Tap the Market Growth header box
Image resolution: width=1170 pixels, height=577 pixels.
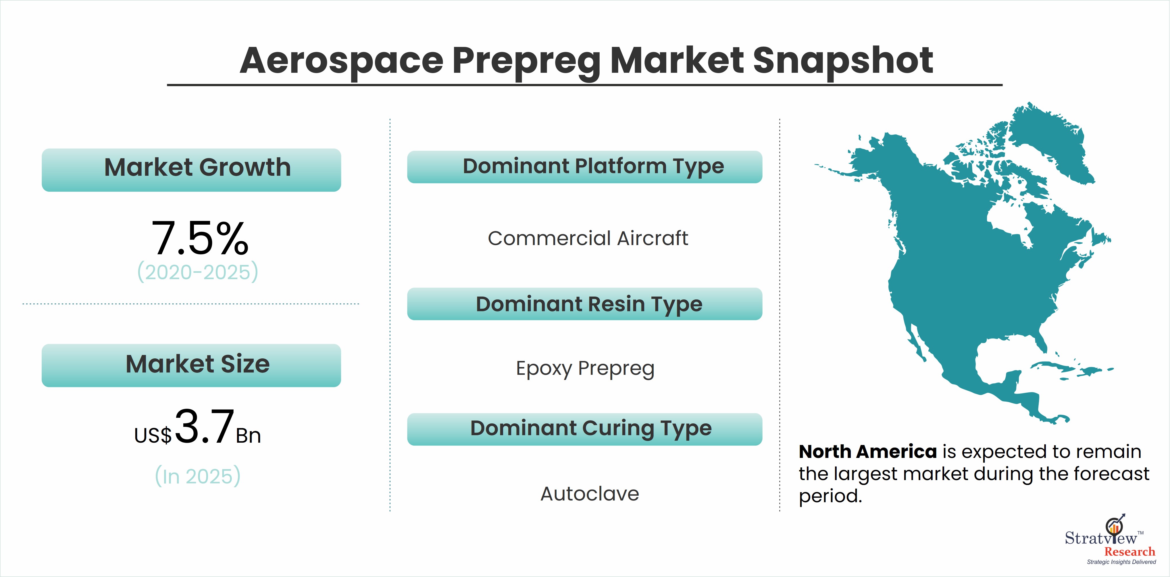(x=191, y=170)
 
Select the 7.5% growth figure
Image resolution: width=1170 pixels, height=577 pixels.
(x=200, y=238)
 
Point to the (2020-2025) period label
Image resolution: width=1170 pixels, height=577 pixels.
(x=198, y=272)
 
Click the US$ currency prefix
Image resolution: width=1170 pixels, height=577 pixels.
(x=153, y=435)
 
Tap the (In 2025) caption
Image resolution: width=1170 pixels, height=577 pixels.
(x=198, y=476)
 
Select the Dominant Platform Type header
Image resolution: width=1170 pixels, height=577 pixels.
(x=584, y=167)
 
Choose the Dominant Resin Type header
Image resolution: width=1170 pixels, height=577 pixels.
(x=584, y=304)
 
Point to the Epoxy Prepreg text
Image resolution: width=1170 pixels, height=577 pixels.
(x=585, y=369)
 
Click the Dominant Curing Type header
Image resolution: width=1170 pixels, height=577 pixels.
(x=584, y=429)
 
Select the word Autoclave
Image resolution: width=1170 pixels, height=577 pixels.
(x=590, y=494)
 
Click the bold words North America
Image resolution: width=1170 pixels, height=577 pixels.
(x=867, y=452)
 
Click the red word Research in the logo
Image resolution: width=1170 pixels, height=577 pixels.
(x=1129, y=551)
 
